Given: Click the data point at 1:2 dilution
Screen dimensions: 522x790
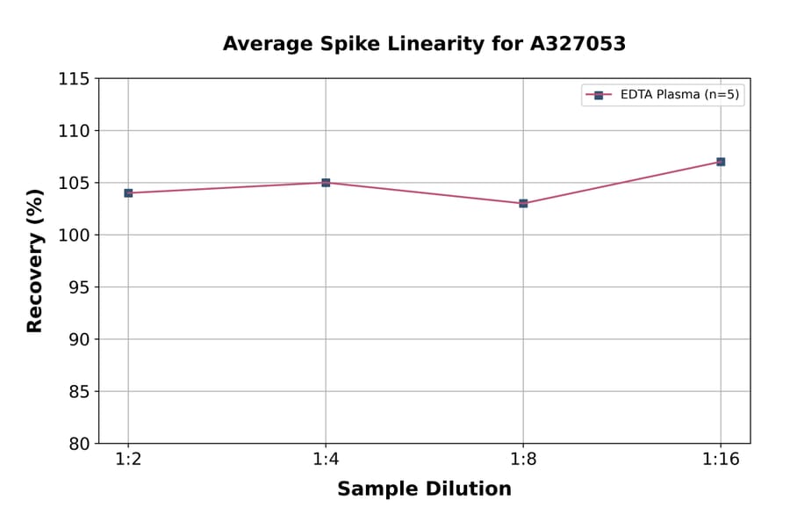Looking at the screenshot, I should click(x=128, y=192).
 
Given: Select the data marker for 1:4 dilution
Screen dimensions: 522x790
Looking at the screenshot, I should click(x=326, y=183).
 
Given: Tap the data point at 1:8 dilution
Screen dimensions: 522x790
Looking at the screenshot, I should click(x=523, y=203).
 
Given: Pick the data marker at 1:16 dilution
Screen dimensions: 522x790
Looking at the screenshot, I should click(x=721, y=162).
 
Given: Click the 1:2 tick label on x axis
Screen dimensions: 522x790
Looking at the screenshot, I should click(x=128, y=460).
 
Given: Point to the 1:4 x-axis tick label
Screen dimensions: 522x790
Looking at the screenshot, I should click(x=326, y=460).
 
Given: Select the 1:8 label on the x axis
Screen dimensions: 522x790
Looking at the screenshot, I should click(x=523, y=460).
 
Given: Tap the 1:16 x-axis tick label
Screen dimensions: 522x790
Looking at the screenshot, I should click(x=721, y=460).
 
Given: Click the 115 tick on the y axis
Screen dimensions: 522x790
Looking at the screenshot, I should click(x=74, y=79).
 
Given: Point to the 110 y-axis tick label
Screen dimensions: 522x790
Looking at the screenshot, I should click(x=74, y=131).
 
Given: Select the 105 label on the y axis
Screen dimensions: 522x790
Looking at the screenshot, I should click(x=74, y=183).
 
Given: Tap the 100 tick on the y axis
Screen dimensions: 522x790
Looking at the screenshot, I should click(x=74, y=236).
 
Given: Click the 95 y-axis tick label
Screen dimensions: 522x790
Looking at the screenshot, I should click(x=79, y=287).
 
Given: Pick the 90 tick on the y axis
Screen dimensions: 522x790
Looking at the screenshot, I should click(x=79, y=339).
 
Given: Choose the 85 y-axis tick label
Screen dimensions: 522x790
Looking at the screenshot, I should click(x=79, y=391).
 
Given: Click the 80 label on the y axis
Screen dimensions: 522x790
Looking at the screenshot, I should click(x=79, y=444).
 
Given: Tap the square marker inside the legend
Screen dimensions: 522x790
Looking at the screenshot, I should click(x=599, y=95).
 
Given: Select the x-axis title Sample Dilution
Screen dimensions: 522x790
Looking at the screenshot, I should click(x=424, y=489).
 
